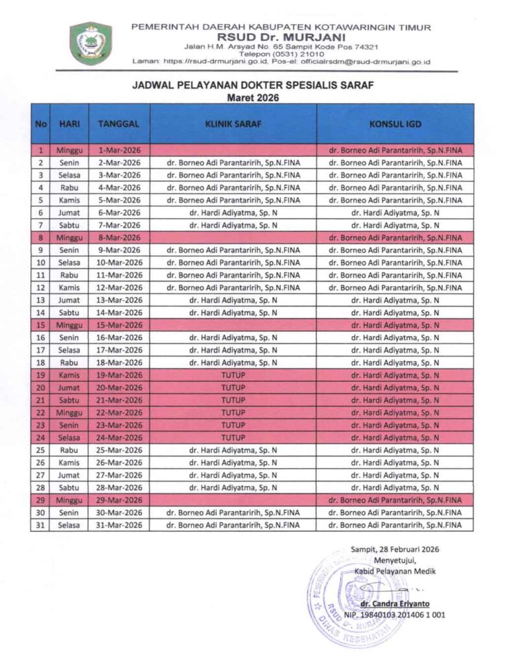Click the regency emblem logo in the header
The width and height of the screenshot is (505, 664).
[x=91, y=43]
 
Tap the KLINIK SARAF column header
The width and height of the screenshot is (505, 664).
[x=233, y=123]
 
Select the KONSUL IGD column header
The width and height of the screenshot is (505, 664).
[x=395, y=123]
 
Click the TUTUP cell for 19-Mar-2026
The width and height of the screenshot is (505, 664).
[x=233, y=375]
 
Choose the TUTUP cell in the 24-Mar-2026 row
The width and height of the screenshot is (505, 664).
[x=233, y=438]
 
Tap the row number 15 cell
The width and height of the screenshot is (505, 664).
[x=40, y=325]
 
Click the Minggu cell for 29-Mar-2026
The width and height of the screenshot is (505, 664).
[x=69, y=500]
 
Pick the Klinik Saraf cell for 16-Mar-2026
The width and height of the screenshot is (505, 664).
[x=233, y=338]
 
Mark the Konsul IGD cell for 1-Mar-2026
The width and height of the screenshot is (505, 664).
[x=395, y=150]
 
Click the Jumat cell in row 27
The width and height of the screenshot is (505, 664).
[x=69, y=475]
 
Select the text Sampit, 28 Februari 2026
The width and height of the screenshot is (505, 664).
[x=395, y=549]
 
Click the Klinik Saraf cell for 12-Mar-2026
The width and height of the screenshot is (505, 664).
[x=233, y=287]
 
